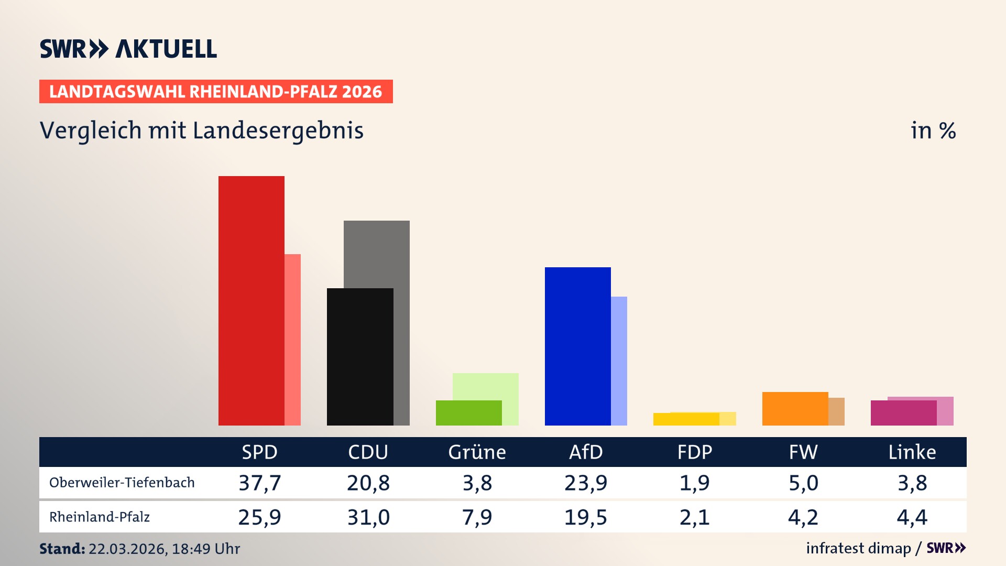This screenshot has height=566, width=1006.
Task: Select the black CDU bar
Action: [360, 356]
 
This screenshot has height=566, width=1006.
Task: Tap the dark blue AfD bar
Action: [577, 346]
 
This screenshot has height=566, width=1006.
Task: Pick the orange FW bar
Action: [795, 408]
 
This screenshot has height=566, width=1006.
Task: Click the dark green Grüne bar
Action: [468, 412]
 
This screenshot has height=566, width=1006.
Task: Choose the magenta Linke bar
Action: [903, 412]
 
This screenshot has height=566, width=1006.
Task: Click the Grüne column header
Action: [477, 452]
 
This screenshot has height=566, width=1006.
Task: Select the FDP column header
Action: [694, 452]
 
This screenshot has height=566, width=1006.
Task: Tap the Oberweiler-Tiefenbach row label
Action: [122, 483]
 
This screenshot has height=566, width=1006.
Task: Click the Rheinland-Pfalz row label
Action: [100, 517]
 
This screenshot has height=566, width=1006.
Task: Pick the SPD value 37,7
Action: [259, 483]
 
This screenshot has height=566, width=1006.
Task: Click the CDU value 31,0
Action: [368, 517]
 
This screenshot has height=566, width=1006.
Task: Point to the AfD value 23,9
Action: [585, 483]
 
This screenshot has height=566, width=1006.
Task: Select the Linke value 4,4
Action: [912, 517]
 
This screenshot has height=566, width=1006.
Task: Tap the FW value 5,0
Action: [803, 483]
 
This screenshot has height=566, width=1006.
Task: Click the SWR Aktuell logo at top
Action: [128, 49]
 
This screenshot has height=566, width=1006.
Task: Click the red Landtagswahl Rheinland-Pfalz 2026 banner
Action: [216, 92]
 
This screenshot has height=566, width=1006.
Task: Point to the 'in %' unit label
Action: [933, 130]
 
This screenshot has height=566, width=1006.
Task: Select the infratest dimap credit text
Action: [858, 548]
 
